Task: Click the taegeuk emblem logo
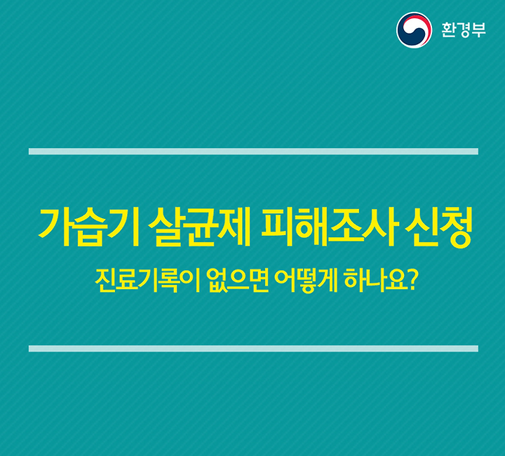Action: tap(414, 30)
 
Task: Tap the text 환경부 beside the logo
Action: tap(464, 29)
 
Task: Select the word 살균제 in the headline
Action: tap(200, 227)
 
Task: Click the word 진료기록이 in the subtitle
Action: tap(148, 280)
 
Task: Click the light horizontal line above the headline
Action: tap(253, 152)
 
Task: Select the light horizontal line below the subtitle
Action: tap(253, 349)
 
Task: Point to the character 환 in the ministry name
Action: tap(449, 29)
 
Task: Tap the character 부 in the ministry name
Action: tap(478, 29)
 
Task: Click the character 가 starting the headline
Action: tap(55, 227)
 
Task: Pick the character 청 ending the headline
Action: tap(457, 228)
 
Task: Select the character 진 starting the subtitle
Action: tap(105, 280)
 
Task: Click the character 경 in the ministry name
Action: tap(464, 30)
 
